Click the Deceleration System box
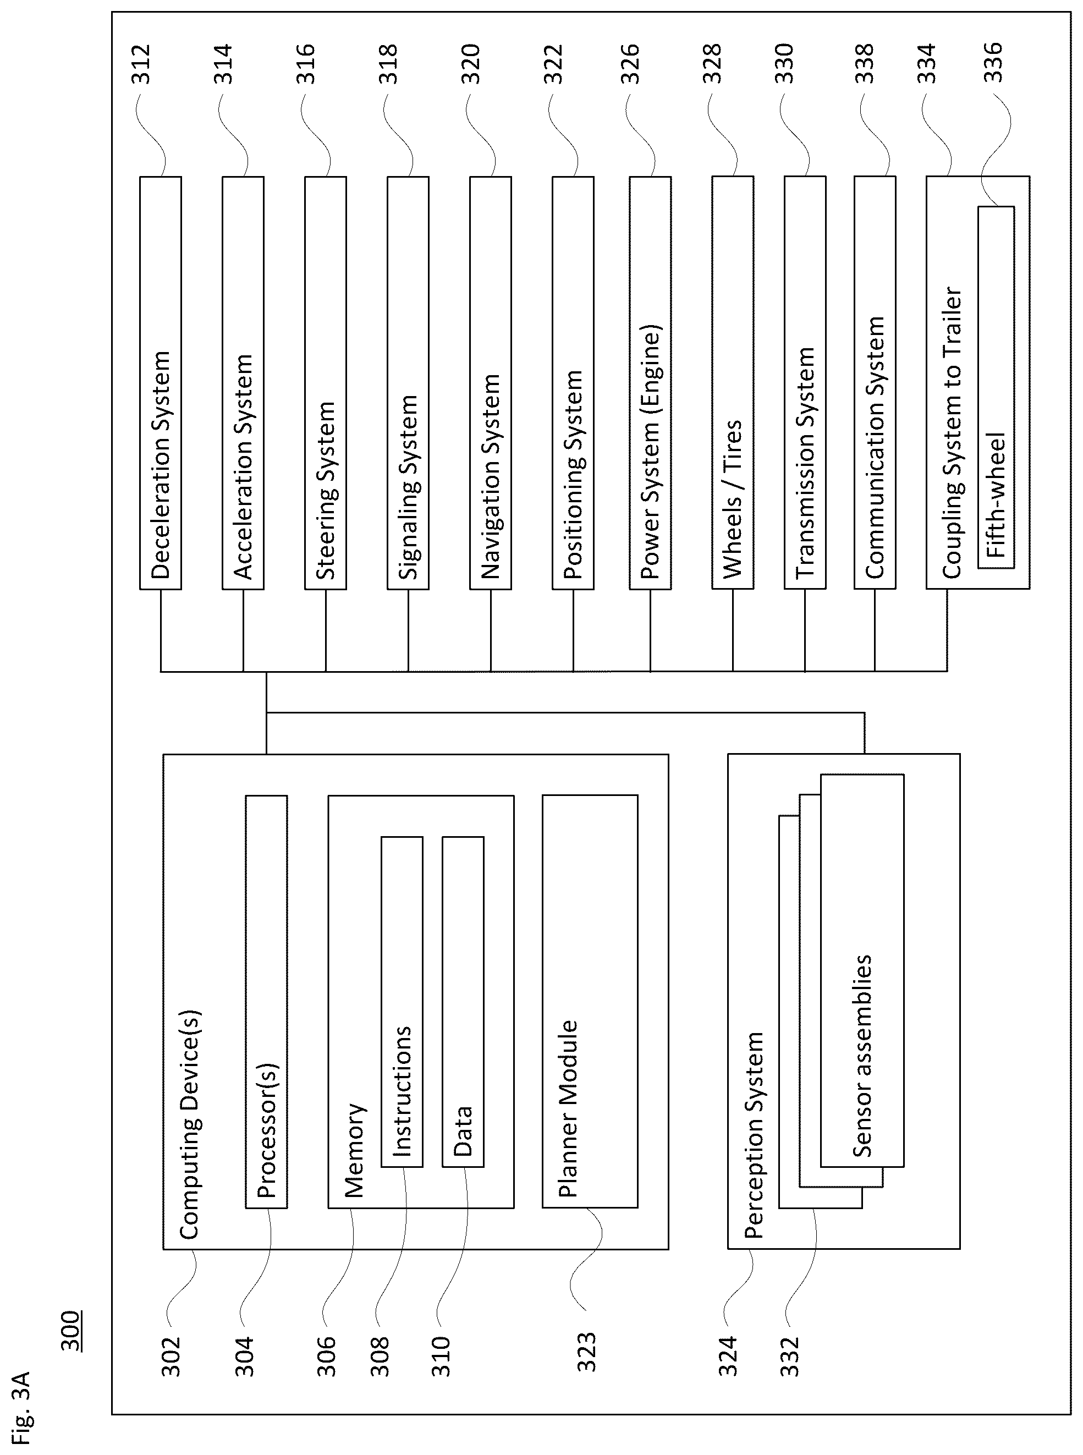click(161, 383)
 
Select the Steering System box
click(325, 383)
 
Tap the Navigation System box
click(491, 383)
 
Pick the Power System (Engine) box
click(650, 383)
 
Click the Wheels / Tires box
click(733, 383)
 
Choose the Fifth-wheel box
click(996, 387)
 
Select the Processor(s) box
click(266, 1001)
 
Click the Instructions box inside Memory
click(402, 1001)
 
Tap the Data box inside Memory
click(463, 1001)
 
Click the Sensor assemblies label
click(862, 1056)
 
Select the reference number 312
click(140, 64)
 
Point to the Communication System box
click(875, 383)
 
